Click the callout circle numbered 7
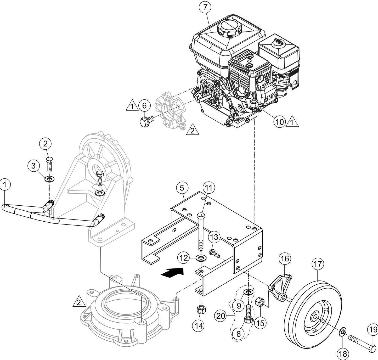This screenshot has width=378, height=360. [205, 8]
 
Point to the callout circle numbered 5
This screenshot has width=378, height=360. [182, 188]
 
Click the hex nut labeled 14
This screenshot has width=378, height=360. [200, 310]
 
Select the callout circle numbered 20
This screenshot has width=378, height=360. [221, 316]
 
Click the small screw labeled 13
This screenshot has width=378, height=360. [213, 253]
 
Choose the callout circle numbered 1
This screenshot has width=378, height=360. [5, 184]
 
